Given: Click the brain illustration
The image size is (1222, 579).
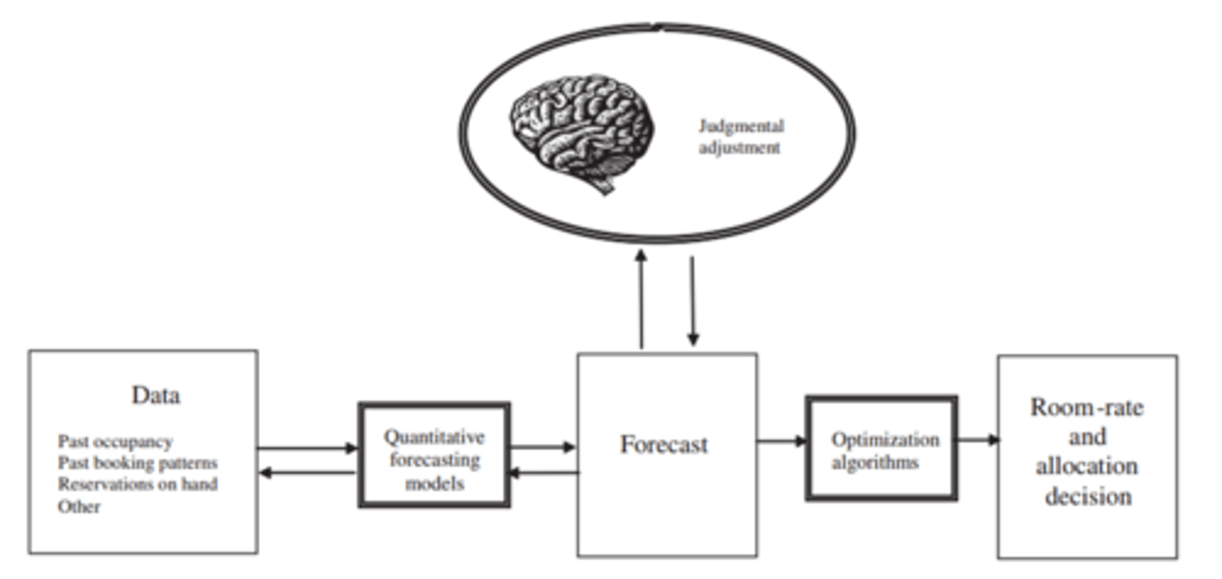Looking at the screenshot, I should pos(582,127).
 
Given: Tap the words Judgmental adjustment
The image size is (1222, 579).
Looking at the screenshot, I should pos(740,137).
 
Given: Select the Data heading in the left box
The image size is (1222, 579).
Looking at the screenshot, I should pos(156,396).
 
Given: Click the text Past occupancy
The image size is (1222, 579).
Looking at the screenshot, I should pos(115,441).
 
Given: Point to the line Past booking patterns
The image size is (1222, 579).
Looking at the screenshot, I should pos(137,464).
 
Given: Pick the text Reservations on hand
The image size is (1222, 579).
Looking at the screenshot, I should pos(137,485).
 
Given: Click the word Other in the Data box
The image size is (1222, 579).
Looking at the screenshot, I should pos(79,507).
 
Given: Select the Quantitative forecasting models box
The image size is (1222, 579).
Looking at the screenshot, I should pos(434,456).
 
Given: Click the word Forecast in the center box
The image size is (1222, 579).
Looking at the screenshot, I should pos(664,445).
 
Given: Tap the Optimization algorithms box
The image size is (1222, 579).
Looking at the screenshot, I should pos(882,449).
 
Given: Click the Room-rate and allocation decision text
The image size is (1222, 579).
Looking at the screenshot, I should pos(1087,451).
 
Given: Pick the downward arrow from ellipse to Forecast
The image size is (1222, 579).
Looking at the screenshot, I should pos(692,301).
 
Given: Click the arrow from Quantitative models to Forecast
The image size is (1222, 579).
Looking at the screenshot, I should pos(543,447).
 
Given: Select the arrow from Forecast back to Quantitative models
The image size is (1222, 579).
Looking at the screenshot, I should pos(543,473).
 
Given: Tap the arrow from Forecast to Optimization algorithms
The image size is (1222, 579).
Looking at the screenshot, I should pos(782,441).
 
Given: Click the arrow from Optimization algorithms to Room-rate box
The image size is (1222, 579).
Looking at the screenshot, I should pos(978,440).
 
